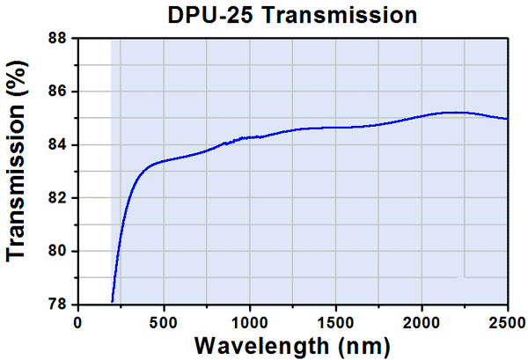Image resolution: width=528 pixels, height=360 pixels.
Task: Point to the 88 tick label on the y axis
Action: tap(60, 39)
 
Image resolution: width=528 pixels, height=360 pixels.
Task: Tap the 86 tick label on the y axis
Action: tap(60, 92)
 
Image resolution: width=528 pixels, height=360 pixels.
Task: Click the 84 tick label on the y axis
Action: tap(60, 145)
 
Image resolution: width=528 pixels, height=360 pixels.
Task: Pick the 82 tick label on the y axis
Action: tap(60, 198)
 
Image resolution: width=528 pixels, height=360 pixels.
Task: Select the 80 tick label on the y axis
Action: tap(60, 252)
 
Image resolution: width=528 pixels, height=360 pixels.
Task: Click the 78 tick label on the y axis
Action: tap(60, 305)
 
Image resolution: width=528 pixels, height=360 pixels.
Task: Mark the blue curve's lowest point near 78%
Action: tap(113, 301)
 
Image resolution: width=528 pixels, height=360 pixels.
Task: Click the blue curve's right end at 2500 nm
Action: tap(507, 118)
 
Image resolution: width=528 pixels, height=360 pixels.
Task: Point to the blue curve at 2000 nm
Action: tap(422, 115)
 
